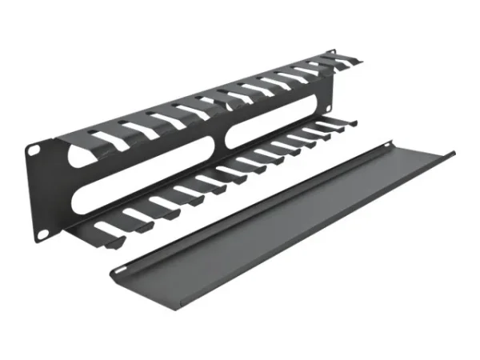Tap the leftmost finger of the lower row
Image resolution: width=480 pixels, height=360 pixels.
pos(104,230)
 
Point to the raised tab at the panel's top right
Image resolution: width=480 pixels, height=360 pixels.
pos(330,54)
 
